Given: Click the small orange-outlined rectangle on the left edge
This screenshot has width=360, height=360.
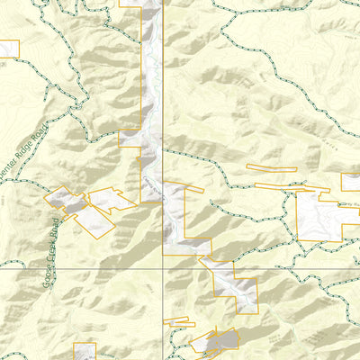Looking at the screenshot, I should click(x=9, y=49).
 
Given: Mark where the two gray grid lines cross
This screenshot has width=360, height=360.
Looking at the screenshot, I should click(x=163, y=267).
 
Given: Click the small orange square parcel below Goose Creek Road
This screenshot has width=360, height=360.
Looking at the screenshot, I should click(x=85, y=351).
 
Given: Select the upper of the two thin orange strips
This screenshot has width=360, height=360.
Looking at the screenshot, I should click(x=271, y=167).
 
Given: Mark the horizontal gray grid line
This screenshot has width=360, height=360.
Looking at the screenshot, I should click(x=72, y=267).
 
